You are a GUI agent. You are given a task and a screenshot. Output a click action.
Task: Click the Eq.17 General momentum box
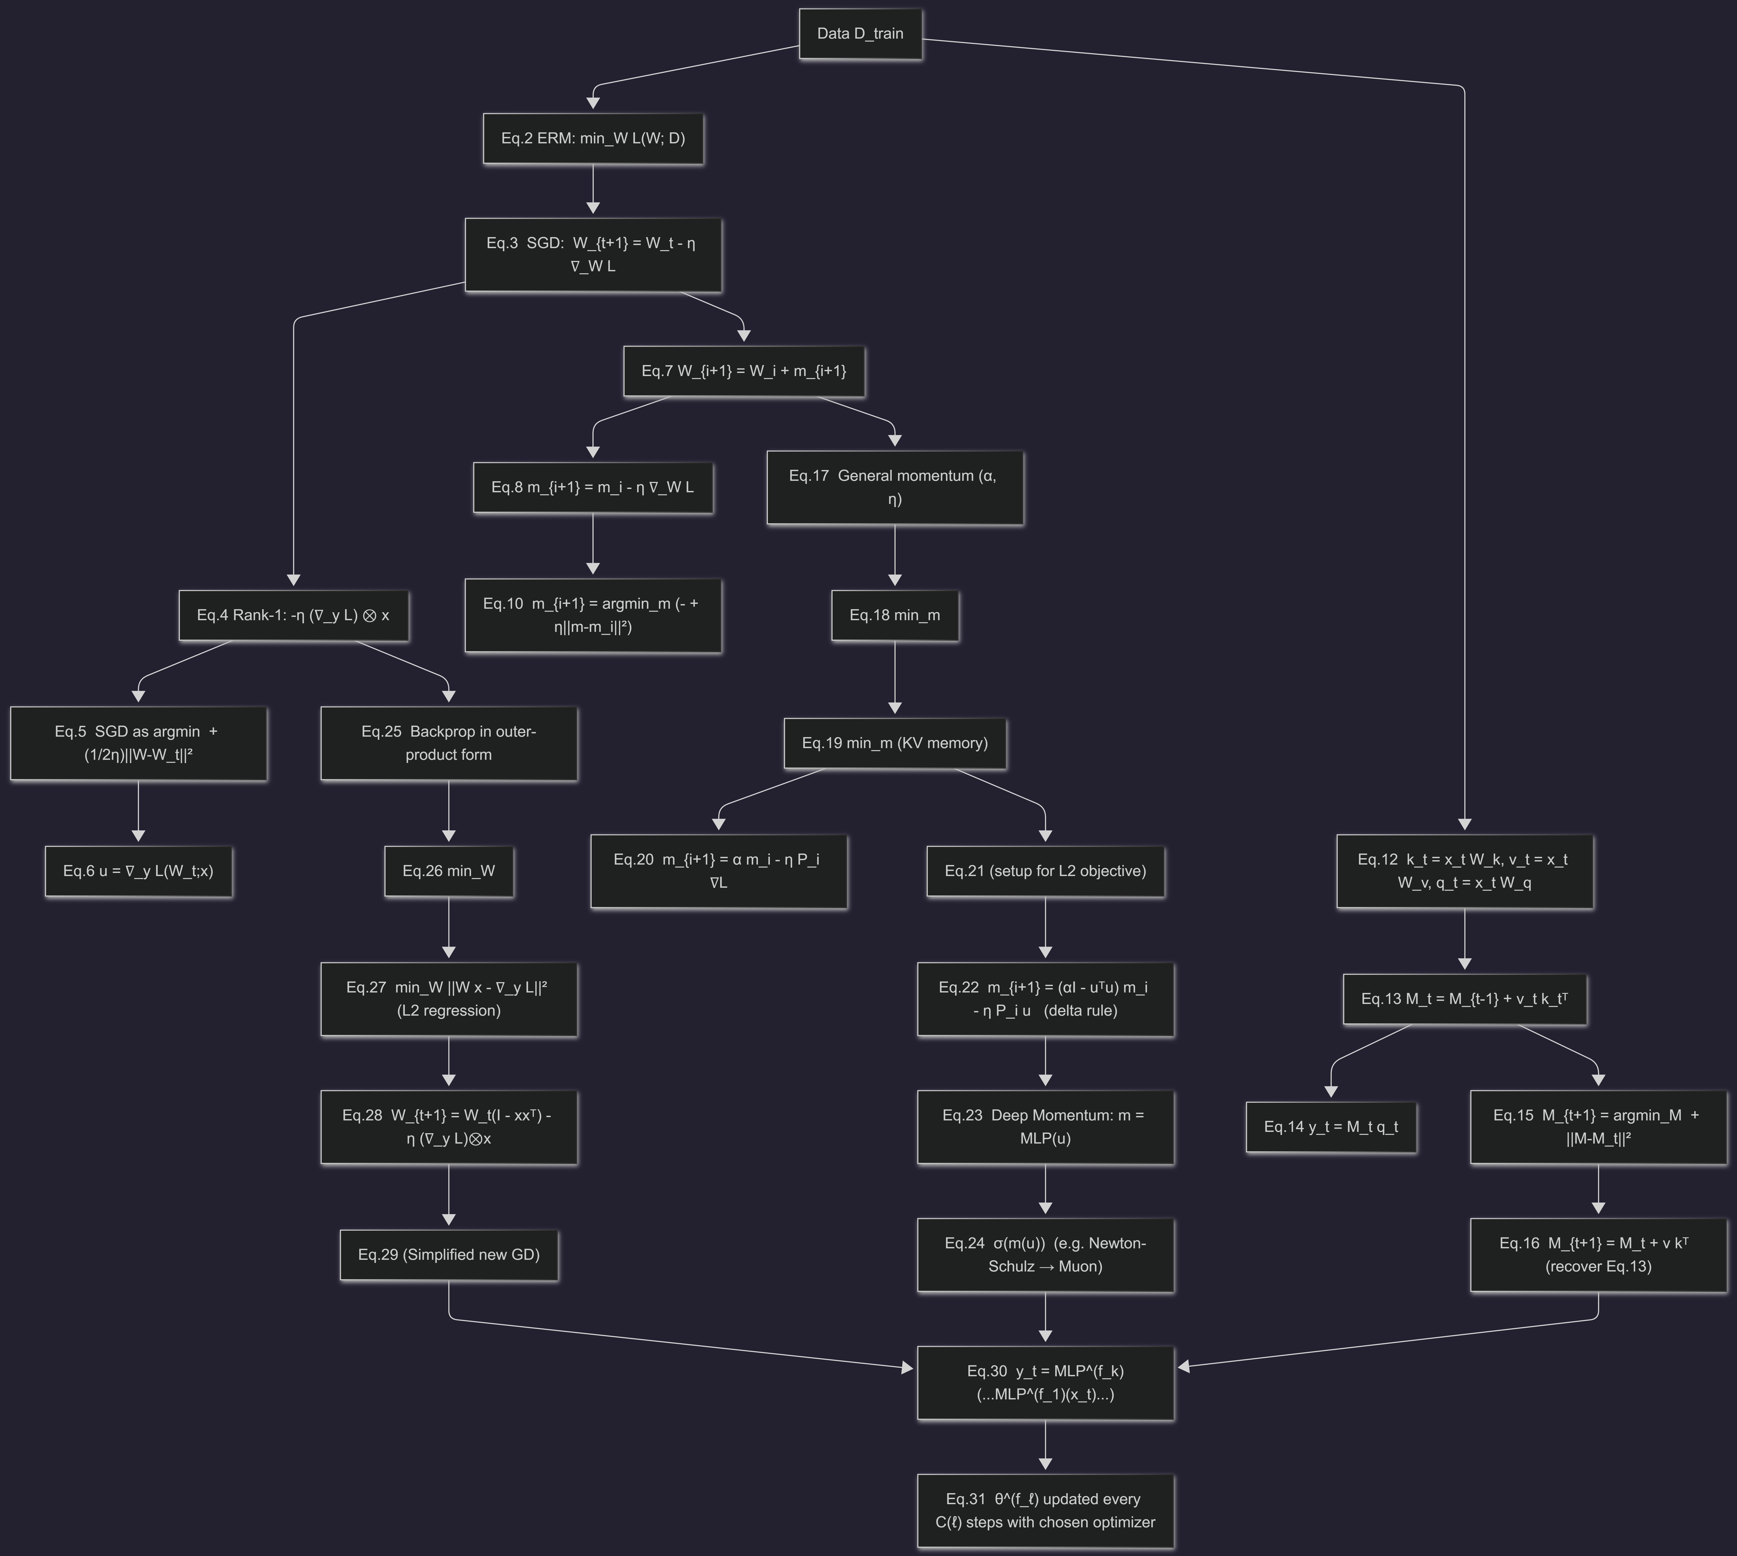895,487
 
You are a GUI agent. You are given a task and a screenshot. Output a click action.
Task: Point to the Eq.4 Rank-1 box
293,616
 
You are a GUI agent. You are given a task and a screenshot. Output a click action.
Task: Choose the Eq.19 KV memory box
895,743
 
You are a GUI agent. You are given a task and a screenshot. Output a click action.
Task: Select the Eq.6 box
139,871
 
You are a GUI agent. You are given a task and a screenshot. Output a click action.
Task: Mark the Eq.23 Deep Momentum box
1045,1127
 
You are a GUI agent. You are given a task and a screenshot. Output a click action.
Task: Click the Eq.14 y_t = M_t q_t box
1331,1127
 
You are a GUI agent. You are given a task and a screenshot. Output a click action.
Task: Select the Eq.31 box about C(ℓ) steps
1045,1511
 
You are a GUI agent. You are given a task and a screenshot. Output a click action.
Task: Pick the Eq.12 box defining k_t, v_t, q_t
1464,871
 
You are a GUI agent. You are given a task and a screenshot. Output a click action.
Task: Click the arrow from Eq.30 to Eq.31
1045,1447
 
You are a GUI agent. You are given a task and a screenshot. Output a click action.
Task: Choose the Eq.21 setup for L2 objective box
1045,871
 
